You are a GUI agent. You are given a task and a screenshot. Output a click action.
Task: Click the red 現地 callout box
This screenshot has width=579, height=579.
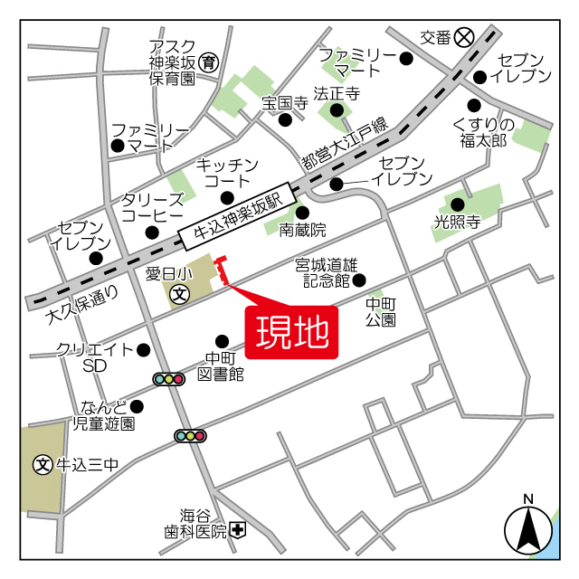(x=292, y=333)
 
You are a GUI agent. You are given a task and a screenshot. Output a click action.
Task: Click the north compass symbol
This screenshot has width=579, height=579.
(x=528, y=529)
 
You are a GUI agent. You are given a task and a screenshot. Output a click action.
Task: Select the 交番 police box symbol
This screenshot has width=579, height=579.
(x=465, y=37)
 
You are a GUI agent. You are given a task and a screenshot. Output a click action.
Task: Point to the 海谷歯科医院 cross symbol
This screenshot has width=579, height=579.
(x=237, y=531)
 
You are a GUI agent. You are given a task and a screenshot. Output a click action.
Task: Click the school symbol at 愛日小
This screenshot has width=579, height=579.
(x=181, y=293)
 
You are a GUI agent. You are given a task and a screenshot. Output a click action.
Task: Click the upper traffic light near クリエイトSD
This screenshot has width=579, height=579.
(x=169, y=379)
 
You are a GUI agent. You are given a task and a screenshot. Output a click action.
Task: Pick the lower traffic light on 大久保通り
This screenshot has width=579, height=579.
(x=190, y=436)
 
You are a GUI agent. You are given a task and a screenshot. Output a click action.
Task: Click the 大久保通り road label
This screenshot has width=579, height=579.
(x=81, y=306)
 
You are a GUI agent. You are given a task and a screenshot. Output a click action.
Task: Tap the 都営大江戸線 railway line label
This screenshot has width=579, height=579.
(x=344, y=144)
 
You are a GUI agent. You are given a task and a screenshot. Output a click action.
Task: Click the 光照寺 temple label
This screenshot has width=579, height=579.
(x=457, y=222)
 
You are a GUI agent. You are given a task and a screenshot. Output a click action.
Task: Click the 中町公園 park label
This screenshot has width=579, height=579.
(x=380, y=312)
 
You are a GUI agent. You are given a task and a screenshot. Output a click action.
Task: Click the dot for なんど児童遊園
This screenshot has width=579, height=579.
(x=137, y=406)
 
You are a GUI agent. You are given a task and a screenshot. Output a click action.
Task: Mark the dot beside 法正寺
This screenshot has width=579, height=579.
(x=337, y=110)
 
